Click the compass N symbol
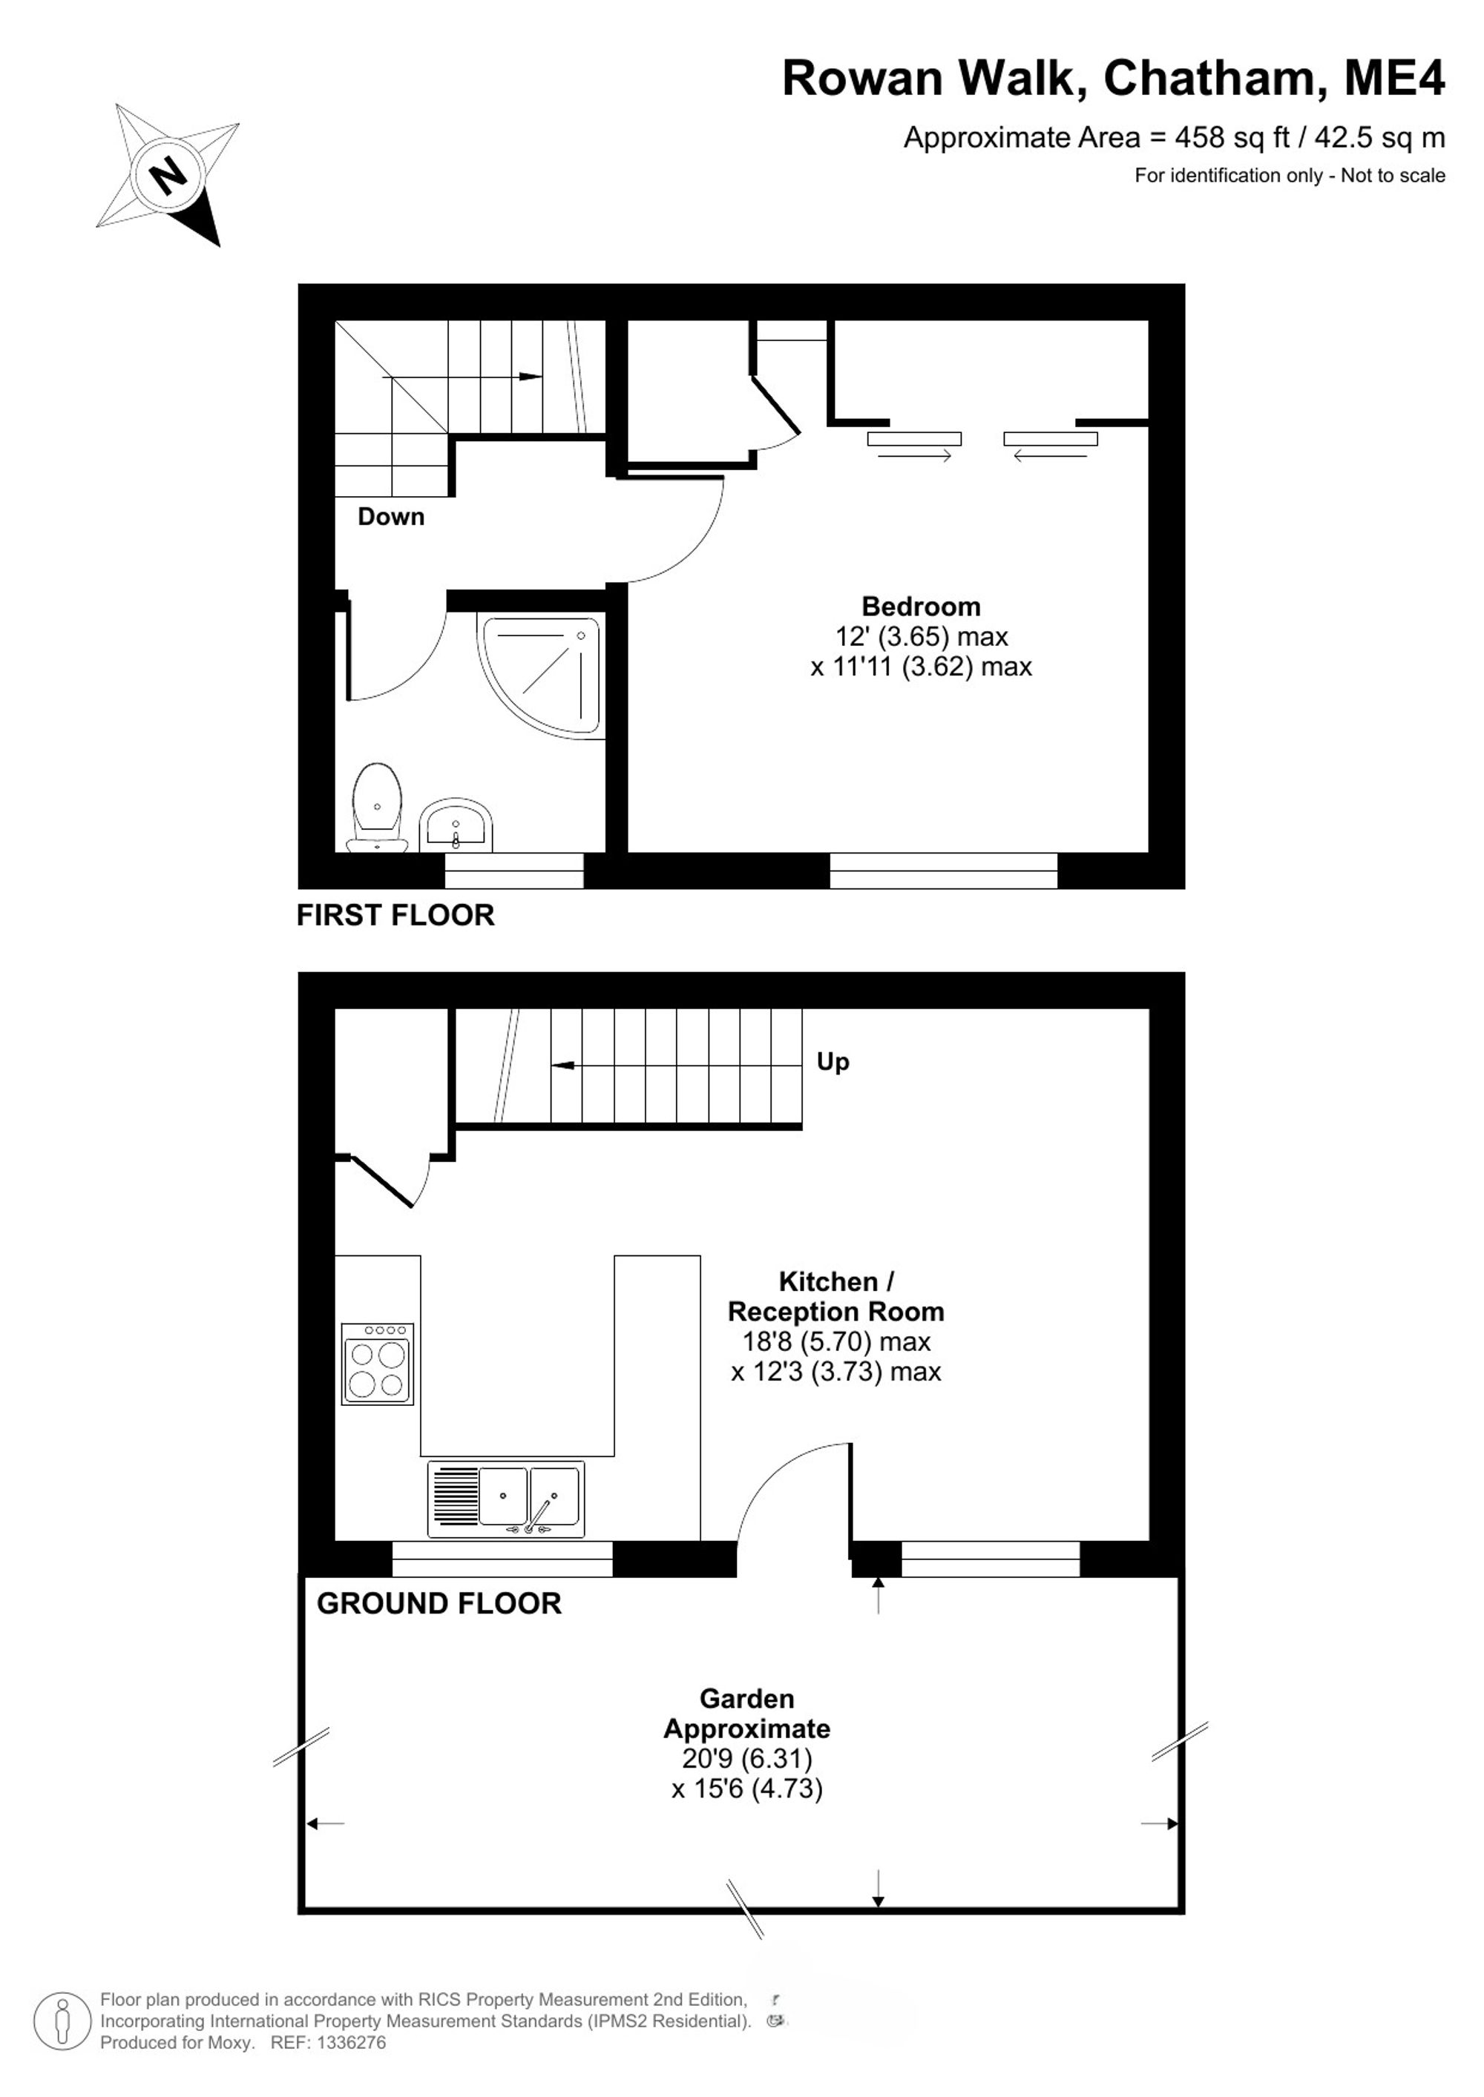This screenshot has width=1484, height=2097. point(167,174)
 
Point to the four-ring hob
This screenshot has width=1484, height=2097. point(378,1363)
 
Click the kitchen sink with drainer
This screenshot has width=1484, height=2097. point(505,1499)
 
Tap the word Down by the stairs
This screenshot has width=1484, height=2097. point(391,517)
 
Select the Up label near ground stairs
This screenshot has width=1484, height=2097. point(833,1062)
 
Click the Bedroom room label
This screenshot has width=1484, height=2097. point(921,607)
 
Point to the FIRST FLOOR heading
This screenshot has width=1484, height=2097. point(395,915)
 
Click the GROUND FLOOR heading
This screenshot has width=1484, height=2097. point(439,1603)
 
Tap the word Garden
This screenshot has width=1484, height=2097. point(746,1699)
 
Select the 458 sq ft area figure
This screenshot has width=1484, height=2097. point(1232,138)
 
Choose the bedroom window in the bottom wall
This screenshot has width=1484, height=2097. point(943,871)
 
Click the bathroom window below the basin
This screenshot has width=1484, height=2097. point(513,871)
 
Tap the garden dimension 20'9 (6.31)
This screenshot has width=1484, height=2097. point(746,1758)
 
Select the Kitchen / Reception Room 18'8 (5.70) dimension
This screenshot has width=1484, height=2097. point(836,1341)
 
